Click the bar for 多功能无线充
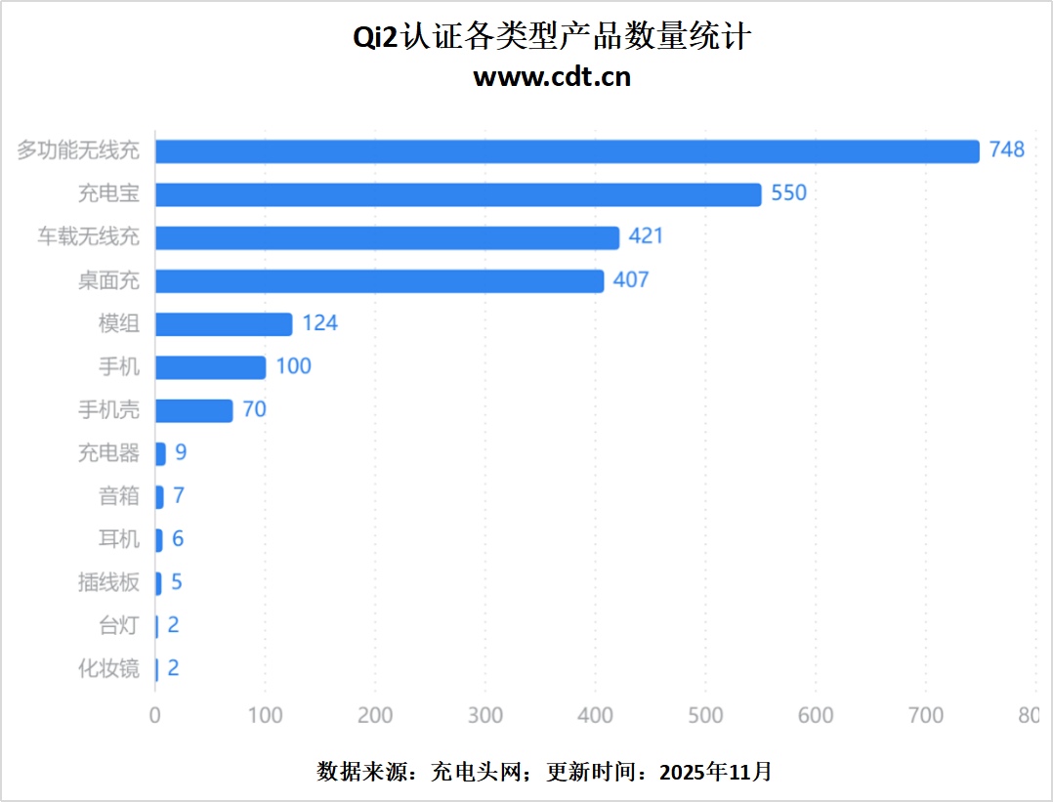tap(567, 151)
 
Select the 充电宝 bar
tap(458, 194)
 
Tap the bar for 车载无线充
tap(387, 237)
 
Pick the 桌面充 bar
tap(379, 281)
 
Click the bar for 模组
tap(224, 324)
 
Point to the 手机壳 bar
tap(193, 410)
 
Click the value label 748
tap(1006, 149)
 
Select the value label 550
tap(789, 193)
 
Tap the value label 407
tap(631, 280)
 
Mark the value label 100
tap(293, 366)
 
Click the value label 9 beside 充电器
tap(181, 453)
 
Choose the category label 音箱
tap(119, 496)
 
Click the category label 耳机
tap(119, 539)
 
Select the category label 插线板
tap(108, 582)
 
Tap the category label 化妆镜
tap(108, 669)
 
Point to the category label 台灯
tap(119, 625)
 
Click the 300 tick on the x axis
tap(485, 716)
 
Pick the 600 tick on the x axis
tap(816, 716)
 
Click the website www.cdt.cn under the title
tap(552, 77)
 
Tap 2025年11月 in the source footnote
tap(716, 772)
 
